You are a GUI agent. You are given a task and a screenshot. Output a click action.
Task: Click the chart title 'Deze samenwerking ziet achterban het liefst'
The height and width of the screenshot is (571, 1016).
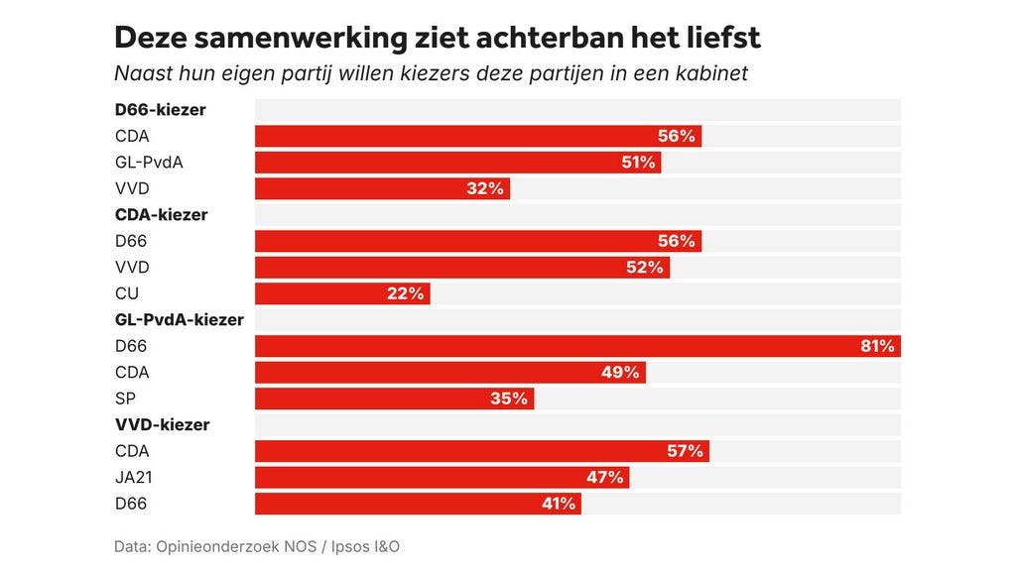tap(438, 38)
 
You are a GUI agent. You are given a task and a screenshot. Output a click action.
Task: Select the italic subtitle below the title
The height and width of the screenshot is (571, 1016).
tap(431, 73)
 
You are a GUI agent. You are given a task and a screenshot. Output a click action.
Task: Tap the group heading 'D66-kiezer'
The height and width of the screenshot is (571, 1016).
tap(160, 110)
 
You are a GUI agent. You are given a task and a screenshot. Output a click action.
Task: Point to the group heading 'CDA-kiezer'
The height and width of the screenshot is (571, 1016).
tap(161, 214)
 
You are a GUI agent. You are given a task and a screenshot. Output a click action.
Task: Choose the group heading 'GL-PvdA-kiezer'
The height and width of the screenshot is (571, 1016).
tap(179, 319)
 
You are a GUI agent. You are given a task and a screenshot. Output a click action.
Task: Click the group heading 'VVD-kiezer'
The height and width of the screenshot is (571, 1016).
tap(162, 424)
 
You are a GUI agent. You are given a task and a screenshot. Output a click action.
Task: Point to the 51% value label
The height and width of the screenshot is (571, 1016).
tap(639, 163)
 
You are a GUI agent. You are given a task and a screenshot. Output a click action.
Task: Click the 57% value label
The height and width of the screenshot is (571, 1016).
tap(685, 451)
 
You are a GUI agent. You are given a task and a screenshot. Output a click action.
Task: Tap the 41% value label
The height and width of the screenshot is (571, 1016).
tap(559, 504)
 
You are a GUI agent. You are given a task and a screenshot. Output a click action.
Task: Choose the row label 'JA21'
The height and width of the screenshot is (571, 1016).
tap(133, 477)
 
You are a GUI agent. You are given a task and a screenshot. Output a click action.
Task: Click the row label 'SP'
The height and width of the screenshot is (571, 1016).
tap(125, 399)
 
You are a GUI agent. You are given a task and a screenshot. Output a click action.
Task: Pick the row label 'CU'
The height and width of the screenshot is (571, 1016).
tap(126, 293)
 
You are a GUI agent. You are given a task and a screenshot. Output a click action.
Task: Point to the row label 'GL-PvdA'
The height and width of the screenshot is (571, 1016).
tap(149, 163)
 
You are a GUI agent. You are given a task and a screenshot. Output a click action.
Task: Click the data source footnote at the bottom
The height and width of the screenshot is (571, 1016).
tap(256, 546)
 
